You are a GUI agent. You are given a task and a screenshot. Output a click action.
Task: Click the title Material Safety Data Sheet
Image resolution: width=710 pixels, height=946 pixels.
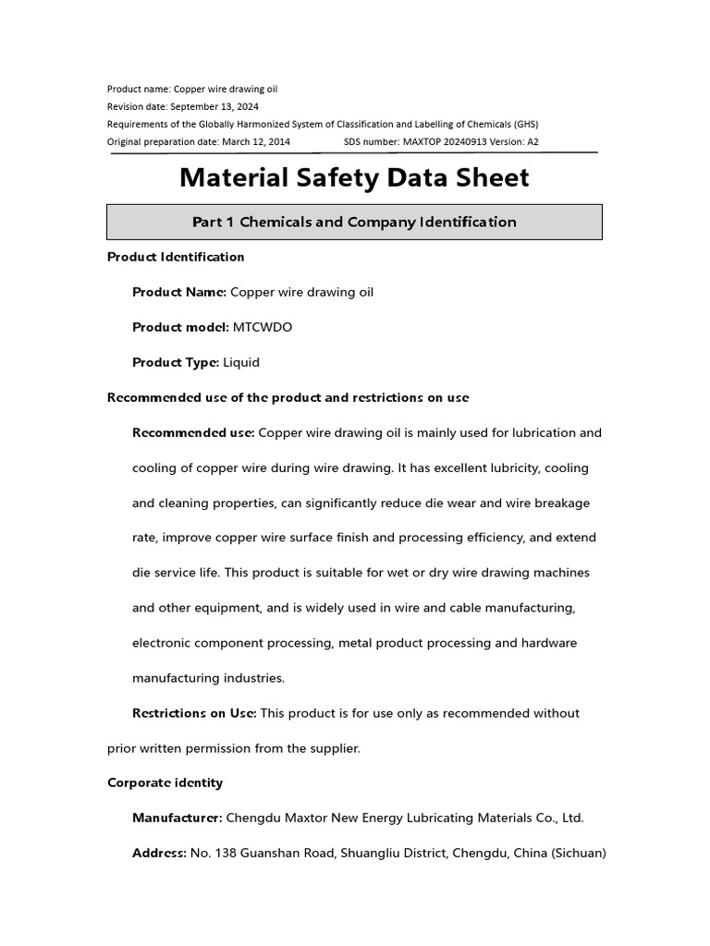click(354, 177)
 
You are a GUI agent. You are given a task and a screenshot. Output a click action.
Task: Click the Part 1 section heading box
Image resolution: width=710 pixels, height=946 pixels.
click(354, 222)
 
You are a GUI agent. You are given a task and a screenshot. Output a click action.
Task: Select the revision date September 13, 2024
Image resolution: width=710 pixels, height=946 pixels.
click(214, 106)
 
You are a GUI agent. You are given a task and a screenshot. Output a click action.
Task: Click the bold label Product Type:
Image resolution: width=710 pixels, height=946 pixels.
click(176, 362)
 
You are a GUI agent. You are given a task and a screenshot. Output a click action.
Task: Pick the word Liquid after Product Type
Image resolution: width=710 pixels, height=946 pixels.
click(241, 362)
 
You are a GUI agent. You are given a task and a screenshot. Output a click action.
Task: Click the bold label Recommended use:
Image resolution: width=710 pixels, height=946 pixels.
click(193, 432)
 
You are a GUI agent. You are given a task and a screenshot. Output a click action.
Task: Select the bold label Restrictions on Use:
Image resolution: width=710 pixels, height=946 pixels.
click(194, 713)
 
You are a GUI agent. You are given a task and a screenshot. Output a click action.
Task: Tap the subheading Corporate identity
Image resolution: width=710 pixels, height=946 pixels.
click(165, 782)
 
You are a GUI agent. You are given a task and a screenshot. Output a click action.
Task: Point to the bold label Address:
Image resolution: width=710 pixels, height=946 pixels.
click(159, 853)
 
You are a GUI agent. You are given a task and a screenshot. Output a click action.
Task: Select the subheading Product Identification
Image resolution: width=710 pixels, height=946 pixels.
click(176, 257)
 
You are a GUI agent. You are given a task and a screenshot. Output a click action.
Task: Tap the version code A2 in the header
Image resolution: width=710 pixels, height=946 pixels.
click(532, 141)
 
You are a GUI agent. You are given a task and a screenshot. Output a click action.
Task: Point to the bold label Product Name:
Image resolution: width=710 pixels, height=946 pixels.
click(179, 292)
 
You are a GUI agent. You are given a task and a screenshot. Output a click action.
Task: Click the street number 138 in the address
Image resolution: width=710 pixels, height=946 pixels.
click(226, 853)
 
